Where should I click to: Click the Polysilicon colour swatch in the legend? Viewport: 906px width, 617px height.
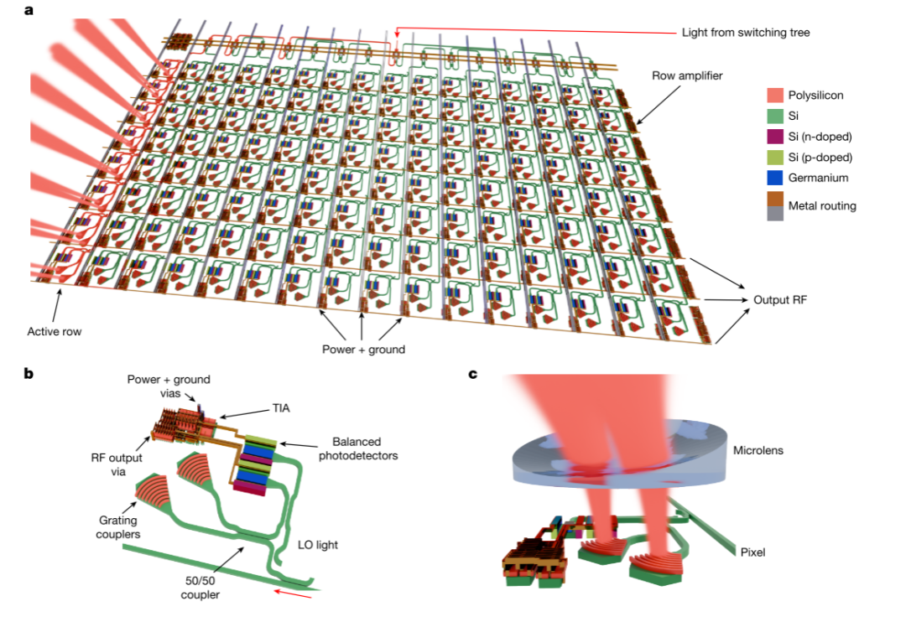[x=775, y=96]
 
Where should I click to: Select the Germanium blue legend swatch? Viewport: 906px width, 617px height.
[x=775, y=178]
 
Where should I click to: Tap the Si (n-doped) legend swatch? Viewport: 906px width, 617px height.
[x=775, y=137]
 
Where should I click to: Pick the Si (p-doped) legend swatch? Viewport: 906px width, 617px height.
[x=775, y=157]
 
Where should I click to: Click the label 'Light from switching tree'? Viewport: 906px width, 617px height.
[x=746, y=33]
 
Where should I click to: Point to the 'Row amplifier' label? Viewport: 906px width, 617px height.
[x=687, y=75]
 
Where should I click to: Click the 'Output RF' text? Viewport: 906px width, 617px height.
[x=780, y=299]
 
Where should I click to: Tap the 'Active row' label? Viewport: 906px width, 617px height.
[x=55, y=331]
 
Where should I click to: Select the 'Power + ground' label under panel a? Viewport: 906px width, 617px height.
[x=363, y=350]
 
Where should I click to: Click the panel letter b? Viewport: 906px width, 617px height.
[x=29, y=373]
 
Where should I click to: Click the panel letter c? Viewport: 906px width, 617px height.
[x=472, y=374]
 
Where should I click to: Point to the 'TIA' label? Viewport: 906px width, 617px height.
[x=281, y=408]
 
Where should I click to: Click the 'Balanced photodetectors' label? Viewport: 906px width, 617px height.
[x=358, y=448]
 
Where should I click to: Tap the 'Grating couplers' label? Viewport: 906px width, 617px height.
[x=117, y=527]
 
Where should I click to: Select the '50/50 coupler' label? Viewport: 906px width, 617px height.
[x=200, y=588]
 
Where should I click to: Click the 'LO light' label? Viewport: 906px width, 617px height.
[x=318, y=544]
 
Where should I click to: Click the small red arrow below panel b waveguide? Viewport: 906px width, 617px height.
[x=293, y=594]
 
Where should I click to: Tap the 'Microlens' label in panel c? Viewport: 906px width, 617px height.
[x=758, y=450]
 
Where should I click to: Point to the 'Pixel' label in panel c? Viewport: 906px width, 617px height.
[x=752, y=552]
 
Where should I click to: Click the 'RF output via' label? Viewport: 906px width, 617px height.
[x=117, y=464]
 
